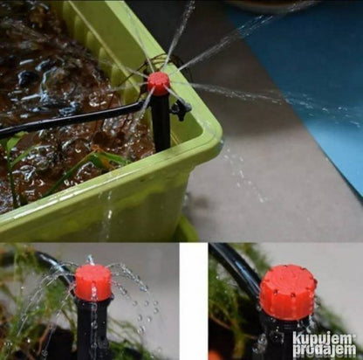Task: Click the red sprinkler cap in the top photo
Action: pyautogui.click(x=159, y=84)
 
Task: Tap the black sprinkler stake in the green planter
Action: pyautogui.click(x=161, y=123)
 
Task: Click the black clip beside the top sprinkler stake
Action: pyautogui.click(x=181, y=108)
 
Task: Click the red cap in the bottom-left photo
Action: pyautogui.click(x=93, y=282)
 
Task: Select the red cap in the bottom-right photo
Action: pyautogui.click(x=288, y=291)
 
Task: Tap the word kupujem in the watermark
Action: pyautogui.click(x=325, y=339)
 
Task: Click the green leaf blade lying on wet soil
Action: pyautogui.click(x=87, y=168)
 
